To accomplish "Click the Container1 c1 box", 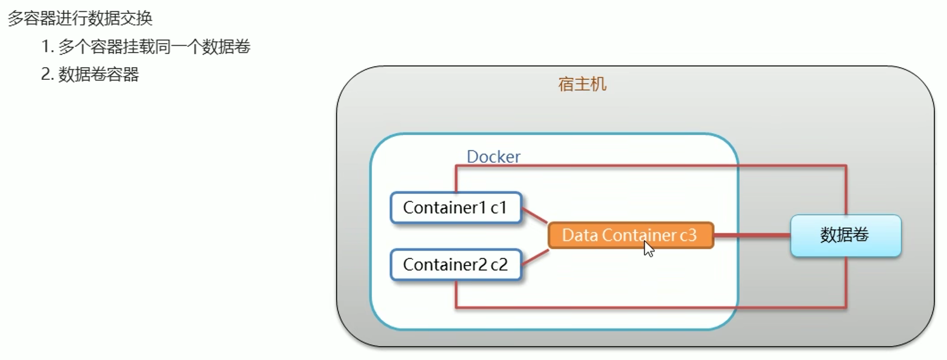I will coord(456,208).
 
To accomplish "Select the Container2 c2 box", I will coord(456,264).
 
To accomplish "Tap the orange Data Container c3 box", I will coord(630,235).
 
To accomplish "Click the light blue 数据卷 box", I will coord(846,235).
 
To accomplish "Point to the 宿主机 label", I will coord(583,84).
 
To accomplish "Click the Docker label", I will coord(494,157).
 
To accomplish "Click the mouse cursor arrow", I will coord(648,248).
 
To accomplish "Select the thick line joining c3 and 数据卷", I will coord(752,235).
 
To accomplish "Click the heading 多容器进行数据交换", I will coord(80,18).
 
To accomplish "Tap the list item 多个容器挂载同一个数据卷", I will coord(154,47).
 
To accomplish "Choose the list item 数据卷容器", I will coord(98,75).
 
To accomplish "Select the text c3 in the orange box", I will coord(688,235).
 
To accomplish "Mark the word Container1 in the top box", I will coord(444,208).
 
